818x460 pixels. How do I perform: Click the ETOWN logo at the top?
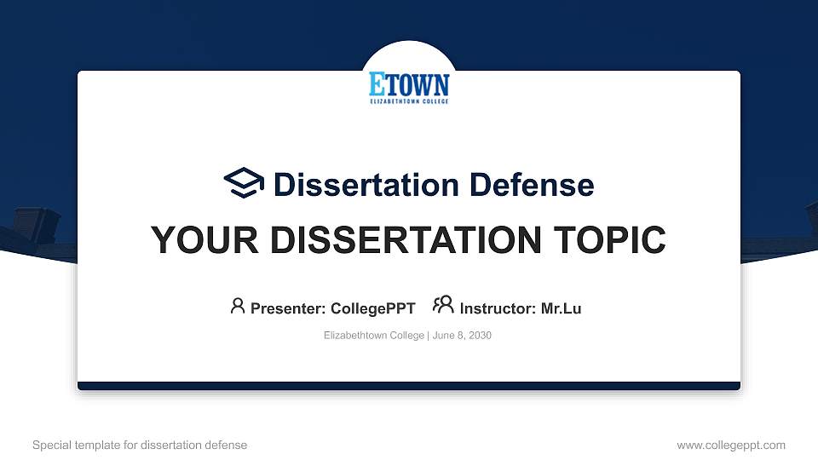point(409,86)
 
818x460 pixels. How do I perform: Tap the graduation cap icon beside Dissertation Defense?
point(244,183)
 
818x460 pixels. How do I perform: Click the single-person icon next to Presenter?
point(238,306)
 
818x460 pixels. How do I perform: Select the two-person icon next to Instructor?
point(443,306)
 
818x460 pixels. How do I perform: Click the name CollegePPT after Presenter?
point(372,308)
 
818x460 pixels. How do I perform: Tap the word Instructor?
point(498,308)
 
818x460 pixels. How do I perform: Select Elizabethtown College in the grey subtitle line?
point(373,336)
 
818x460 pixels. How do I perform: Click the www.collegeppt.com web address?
point(730,445)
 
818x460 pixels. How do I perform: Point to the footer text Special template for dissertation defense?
point(140,445)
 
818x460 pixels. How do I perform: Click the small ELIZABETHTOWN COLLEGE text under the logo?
point(409,101)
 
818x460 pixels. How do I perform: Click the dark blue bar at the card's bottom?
point(409,386)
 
